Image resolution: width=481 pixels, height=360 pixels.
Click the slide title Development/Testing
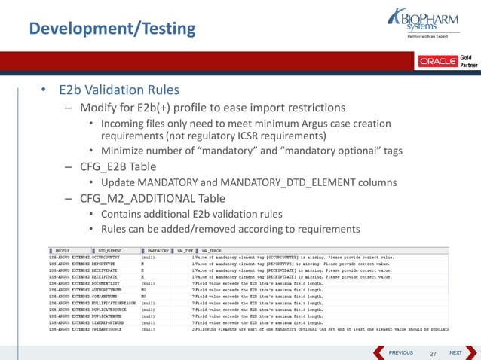pos(112,29)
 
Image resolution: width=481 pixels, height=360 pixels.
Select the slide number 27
pos(432,353)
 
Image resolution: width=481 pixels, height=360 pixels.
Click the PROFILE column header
pos(63,250)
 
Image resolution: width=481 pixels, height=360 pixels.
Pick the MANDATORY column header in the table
pos(158,250)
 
